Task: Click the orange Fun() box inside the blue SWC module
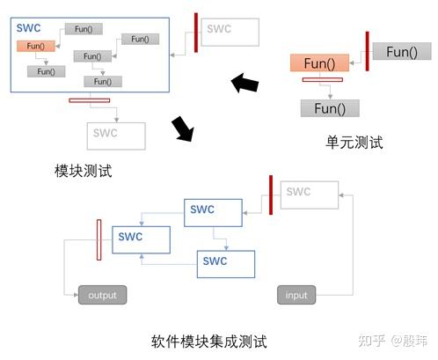click(x=36, y=46)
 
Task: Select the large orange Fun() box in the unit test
click(x=319, y=63)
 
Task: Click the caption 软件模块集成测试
click(x=208, y=341)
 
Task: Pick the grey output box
click(x=102, y=295)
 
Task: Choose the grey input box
click(x=296, y=295)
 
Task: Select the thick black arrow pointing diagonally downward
click(x=183, y=129)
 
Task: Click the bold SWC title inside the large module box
click(x=29, y=28)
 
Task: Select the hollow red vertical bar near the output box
click(x=99, y=240)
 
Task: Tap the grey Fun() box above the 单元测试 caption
click(x=330, y=109)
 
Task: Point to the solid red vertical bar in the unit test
click(x=366, y=52)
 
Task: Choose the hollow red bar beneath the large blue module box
click(x=90, y=99)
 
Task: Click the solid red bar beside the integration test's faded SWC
click(x=271, y=195)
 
